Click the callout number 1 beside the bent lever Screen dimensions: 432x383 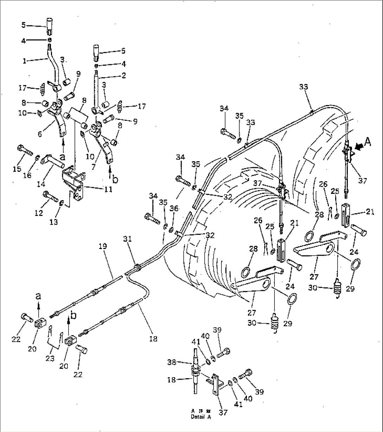[x=25, y=60]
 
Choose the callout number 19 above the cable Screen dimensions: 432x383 [x=102, y=247]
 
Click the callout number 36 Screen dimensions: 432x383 [x=174, y=208]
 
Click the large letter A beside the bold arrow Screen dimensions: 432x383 [x=367, y=141]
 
